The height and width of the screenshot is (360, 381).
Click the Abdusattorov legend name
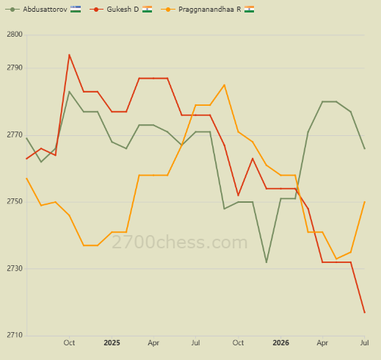coord(45,10)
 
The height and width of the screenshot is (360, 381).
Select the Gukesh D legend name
coord(123,10)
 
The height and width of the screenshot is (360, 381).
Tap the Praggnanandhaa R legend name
coord(210,10)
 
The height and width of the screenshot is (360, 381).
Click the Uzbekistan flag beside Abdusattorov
coord(76,10)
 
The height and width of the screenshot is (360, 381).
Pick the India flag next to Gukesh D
coord(147,10)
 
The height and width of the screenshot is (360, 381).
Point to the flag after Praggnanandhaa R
coord(249,10)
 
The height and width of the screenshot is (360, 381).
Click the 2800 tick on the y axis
coord(15,35)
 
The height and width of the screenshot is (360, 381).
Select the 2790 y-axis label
coord(15,68)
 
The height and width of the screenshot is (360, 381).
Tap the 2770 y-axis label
coord(15,134)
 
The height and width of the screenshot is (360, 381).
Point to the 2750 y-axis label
coord(15,201)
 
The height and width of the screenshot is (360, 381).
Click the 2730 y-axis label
coord(15,268)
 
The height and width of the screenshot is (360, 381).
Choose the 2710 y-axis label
coord(15,335)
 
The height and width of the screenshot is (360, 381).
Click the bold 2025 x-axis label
coord(112,343)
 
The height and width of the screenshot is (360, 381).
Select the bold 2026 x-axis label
coord(280,343)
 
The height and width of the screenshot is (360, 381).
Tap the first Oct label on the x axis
coord(69,343)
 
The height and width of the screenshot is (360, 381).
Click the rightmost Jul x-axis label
coord(365,343)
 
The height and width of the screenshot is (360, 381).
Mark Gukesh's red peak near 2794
coord(69,54)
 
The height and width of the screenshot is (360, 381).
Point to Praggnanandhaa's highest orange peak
coord(224,85)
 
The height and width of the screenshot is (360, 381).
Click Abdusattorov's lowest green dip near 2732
coord(266,262)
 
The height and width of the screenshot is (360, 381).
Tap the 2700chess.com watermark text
coord(180,242)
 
